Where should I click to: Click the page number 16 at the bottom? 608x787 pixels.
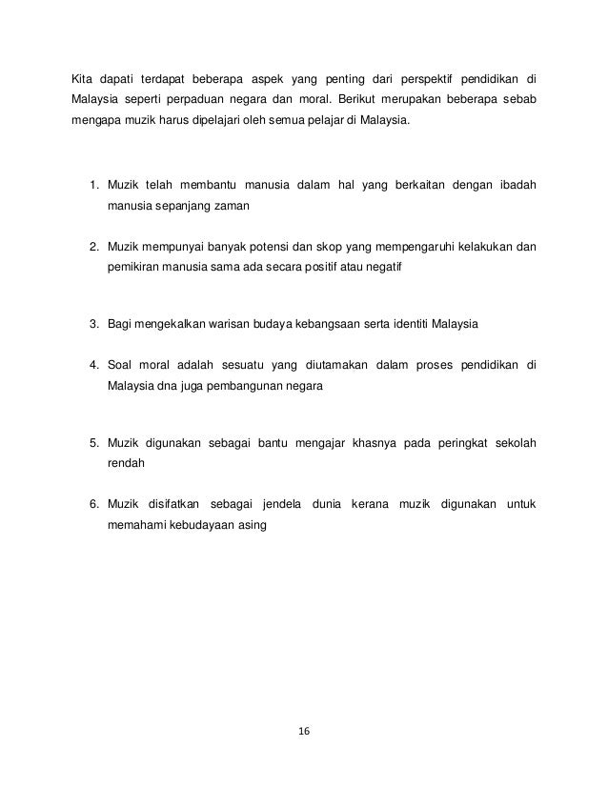[x=304, y=732]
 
